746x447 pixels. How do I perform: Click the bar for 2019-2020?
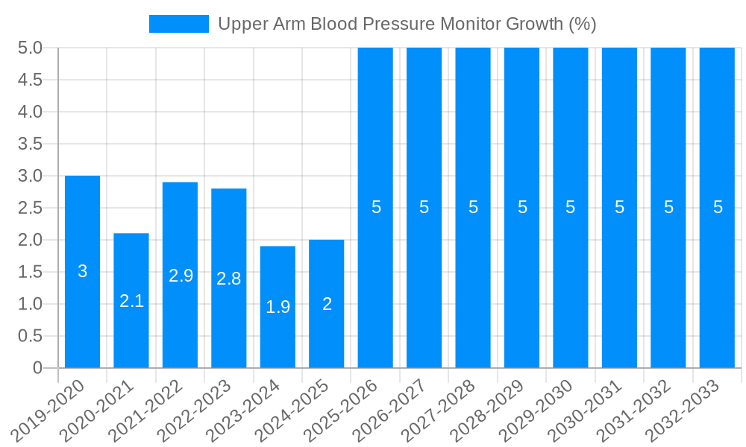click(82, 272)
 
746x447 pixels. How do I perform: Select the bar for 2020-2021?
click(131, 300)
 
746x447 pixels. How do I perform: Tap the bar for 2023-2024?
click(278, 307)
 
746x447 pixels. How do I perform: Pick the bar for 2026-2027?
click(424, 208)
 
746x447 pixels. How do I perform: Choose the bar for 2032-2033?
click(718, 208)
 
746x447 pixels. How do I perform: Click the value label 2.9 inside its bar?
click(181, 276)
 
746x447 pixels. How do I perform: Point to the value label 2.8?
click(229, 279)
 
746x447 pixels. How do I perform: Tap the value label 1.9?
click(278, 307)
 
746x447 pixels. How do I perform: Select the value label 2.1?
click(131, 301)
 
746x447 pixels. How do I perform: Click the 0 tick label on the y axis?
click(38, 368)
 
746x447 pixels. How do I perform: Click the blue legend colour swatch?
click(179, 24)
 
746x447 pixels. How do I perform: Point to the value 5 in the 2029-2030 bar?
click(571, 208)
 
